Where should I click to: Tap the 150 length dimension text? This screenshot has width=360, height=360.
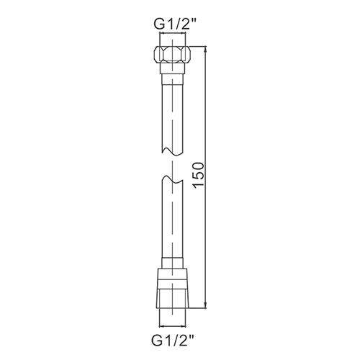(199, 175)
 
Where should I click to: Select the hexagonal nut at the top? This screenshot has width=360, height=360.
(173, 55)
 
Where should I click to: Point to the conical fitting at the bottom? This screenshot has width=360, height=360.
(173, 288)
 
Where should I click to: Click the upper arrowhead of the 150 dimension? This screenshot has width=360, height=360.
(205, 49)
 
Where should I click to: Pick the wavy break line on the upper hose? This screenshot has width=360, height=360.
(173, 152)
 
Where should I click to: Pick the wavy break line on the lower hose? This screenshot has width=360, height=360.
(173, 180)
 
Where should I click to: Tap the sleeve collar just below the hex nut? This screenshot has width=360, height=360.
(173, 68)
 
